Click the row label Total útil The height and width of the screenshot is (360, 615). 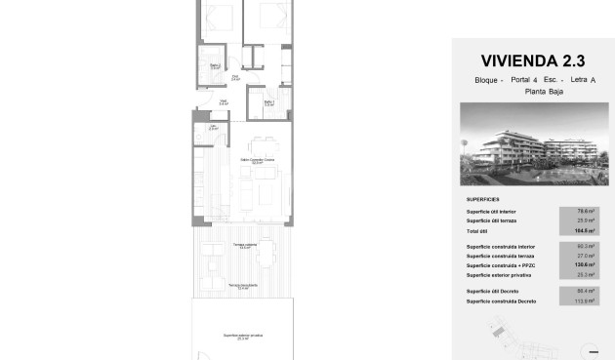(478, 230)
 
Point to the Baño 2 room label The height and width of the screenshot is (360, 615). (215, 66)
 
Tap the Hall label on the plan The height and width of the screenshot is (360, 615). (224, 100)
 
